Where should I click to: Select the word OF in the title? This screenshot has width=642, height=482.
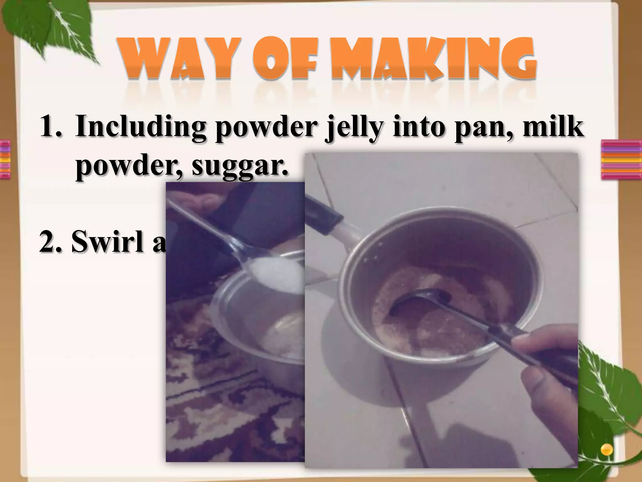[285, 58]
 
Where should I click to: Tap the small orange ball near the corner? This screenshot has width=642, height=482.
[607, 449]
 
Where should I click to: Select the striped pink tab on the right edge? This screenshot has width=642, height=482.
[621, 160]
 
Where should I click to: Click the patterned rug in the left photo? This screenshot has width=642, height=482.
[226, 408]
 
